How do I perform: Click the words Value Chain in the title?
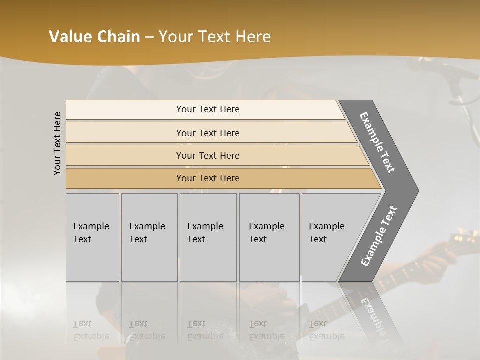(x=94, y=37)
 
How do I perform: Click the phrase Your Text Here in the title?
(x=215, y=37)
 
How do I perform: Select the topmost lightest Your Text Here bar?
(x=207, y=109)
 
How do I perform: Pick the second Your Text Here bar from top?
(x=207, y=133)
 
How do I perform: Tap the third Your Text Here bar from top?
(x=207, y=155)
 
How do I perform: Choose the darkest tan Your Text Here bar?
(x=207, y=178)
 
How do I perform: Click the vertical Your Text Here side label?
(x=57, y=143)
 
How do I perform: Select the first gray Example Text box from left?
(x=92, y=237)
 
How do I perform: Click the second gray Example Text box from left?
(x=149, y=237)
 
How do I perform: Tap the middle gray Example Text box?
(x=208, y=237)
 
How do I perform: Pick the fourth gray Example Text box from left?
(x=269, y=237)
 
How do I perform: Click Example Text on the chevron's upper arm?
(x=378, y=142)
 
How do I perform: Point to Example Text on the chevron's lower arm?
(x=379, y=236)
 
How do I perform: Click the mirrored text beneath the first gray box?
(x=91, y=330)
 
